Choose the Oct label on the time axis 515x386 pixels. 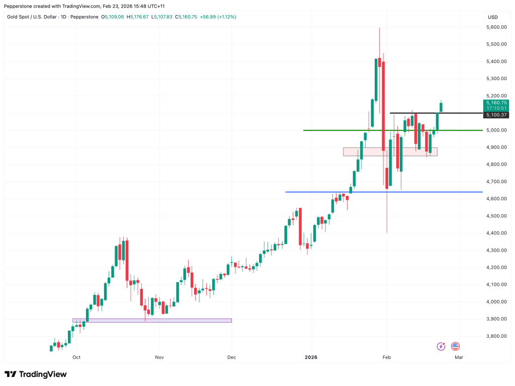tap(76, 357)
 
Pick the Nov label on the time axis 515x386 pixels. tap(159, 357)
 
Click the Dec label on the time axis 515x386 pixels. tap(231, 357)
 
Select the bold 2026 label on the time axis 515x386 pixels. tap(311, 357)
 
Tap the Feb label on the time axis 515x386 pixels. tap(387, 357)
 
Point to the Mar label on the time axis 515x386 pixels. tap(459, 357)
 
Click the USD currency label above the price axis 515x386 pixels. tap(492, 17)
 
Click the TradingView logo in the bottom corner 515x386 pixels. tap(35, 374)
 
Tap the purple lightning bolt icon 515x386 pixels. tap(441, 346)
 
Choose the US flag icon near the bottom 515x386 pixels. tap(455, 346)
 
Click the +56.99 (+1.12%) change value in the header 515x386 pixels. tap(218, 17)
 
